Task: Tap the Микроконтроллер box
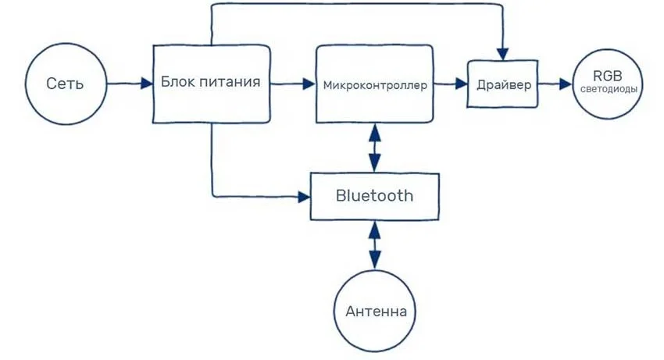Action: click(374, 84)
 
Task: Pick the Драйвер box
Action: click(504, 84)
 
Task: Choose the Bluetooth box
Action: click(374, 195)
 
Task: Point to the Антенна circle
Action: click(375, 312)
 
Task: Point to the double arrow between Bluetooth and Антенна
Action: click(375, 246)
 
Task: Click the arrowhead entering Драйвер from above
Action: click(505, 52)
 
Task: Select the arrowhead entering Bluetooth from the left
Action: click(304, 196)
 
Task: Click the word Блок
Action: click(177, 81)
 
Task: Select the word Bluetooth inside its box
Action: click(374, 195)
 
